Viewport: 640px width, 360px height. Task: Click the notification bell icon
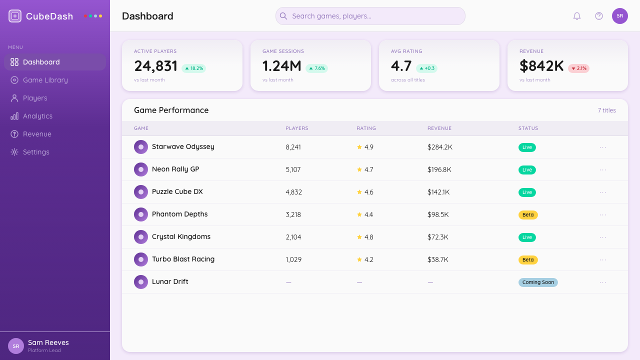pyautogui.click(x=577, y=16)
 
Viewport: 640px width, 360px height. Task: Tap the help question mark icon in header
pyautogui.click(x=599, y=16)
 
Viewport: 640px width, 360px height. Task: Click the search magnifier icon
pyautogui.click(x=283, y=16)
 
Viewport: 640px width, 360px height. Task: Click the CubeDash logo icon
pyautogui.click(x=15, y=16)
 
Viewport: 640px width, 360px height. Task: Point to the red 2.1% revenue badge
pyautogui.click(x=578, y=68)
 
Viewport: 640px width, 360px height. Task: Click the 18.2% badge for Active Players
pyautogui.click(x=193, y=68)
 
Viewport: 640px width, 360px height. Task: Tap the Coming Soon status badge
pyautogui.click(x=538, y=282)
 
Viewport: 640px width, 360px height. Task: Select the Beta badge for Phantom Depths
pyautogui.click(x=528, y=214)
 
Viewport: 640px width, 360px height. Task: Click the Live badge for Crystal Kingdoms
pyautogui.click(x=527, y=237)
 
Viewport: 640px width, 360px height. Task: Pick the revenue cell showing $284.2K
pyautogui.click(x=439, y=147)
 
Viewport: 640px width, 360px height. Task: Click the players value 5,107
pyautogui.click(x=293, y=169)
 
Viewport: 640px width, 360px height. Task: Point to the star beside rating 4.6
pyautogui.click(x=359, y=192)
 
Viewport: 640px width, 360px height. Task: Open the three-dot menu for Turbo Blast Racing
pyautogui.click(x=603, y=259)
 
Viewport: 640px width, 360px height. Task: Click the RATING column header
pyautogui.click(x=366, y=128)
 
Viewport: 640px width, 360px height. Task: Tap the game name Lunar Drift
pyautogui.click(x=170, y=281)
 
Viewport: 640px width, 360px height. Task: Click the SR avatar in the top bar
pyautogui.click(x=619, y=16)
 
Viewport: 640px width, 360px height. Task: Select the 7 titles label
pyautogui.click(x=607, y=110)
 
